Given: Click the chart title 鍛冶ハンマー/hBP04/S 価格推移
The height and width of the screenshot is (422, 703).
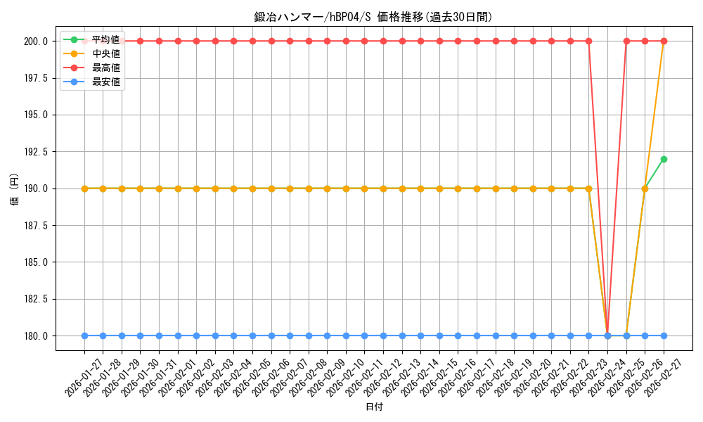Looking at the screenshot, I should point(373,17).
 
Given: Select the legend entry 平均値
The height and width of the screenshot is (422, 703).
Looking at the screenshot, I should point(105,39).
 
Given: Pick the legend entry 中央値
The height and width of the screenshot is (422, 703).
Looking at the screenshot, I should point(105,53).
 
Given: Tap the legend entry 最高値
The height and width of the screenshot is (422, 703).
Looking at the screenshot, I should point(105,68).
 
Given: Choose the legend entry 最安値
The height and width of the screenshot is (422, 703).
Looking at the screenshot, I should point(105,82).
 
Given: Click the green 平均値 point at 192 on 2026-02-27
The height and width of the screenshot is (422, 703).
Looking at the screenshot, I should point(664,159).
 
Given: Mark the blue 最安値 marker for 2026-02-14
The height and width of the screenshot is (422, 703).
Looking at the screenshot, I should point(420,335).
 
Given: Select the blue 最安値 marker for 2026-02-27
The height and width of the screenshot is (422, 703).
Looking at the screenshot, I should point(664,335).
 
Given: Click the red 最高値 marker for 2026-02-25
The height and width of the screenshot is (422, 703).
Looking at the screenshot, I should point(626,41).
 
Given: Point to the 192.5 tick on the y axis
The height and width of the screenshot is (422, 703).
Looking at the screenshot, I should point(34,152).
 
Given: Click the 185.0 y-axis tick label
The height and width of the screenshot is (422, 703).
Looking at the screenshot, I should point(34,262).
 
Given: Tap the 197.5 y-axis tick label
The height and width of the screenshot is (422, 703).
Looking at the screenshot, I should point(34,78).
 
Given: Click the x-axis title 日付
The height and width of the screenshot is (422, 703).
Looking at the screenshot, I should point(374,407).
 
